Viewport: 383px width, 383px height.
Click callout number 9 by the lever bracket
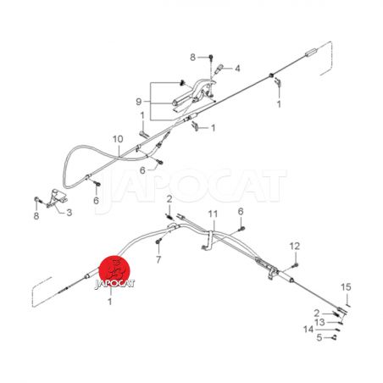[139, 102]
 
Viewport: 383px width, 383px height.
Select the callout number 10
[118, 139]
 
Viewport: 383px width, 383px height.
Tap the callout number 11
[213, 214]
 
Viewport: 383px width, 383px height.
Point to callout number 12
[294, 246]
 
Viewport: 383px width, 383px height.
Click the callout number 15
[346, 287]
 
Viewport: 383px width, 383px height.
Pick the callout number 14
[308, 330]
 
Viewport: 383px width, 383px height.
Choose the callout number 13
[320, 322]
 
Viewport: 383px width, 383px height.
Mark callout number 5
[319, 337]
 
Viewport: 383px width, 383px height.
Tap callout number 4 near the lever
[237, 69]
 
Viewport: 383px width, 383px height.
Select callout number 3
[69, 213]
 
